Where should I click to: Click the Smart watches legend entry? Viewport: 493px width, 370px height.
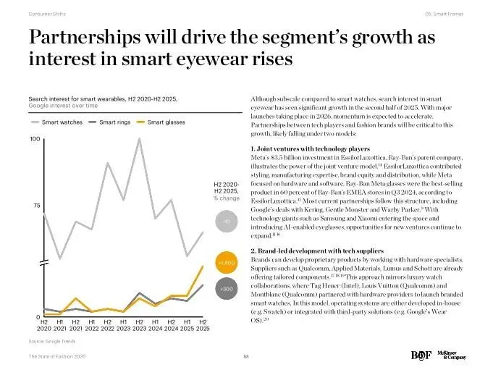[62, 122]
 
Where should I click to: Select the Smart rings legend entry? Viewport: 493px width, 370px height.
[114, 122]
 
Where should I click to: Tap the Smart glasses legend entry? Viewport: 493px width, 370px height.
[166, 122]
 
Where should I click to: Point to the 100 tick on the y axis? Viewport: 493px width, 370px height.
[34, 138]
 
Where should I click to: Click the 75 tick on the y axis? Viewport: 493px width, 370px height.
[36, 206]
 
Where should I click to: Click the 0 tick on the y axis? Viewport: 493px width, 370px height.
[35, 318]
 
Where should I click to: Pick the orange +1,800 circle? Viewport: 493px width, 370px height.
[226, 261]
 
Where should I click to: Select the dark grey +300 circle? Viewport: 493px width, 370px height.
[226, 289]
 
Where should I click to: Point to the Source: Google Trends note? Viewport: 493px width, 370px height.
[52, 340]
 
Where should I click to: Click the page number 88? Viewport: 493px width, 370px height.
[246, 356]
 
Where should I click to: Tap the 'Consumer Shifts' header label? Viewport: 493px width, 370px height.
[48, 14]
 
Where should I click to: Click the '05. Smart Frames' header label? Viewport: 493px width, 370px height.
[444, 14]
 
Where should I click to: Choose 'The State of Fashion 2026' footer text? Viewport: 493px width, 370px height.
[58, 356]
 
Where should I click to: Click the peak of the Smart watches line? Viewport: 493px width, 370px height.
[139, 138]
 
